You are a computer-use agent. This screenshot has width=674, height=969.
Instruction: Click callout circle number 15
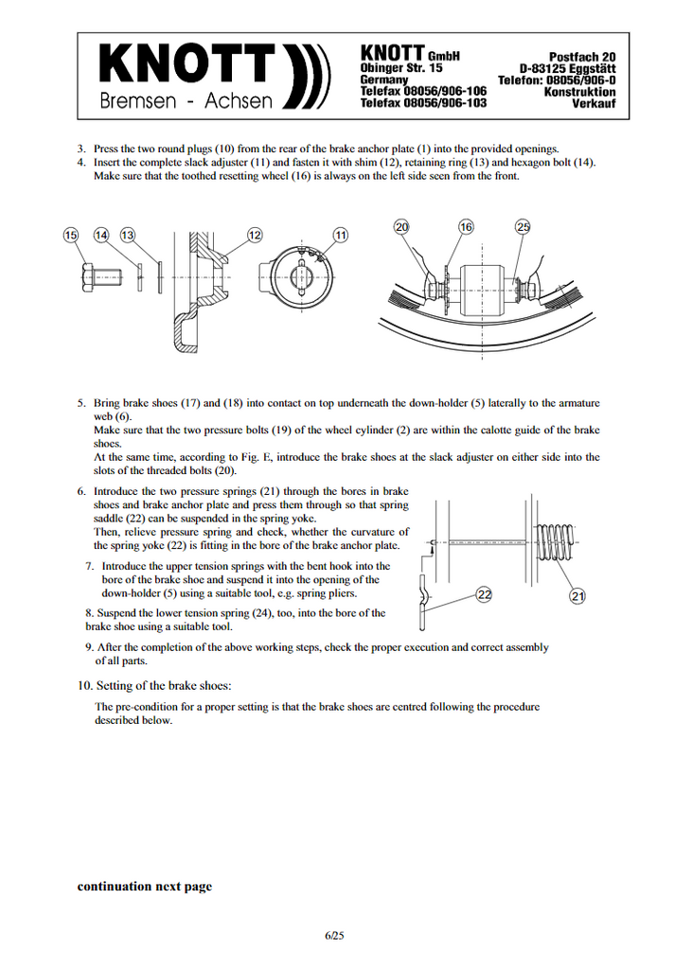tap(70, 235)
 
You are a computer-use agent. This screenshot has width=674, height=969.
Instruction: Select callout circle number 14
tap(101, 235)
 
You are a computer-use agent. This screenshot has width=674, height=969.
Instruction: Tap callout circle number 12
tap(255, 235)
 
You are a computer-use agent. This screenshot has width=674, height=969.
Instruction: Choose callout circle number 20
tap(402, 227)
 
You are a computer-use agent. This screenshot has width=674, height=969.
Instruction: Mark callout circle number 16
tap(466, 227)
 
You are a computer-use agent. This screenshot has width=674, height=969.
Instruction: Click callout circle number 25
tap(523, 226)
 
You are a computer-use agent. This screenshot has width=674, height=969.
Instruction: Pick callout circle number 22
tap(485, 594)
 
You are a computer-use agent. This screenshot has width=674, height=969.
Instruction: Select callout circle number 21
tap(577, 595)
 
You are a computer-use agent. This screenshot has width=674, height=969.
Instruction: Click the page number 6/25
tap(334, 936)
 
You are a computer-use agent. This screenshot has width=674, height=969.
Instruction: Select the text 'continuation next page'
tap(144, 887)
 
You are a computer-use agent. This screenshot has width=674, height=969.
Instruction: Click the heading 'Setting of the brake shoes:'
tap(162, 686)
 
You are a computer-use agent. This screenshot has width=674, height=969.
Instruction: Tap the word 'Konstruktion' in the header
tap(579, 92)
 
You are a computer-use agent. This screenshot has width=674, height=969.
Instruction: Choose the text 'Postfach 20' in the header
tap(582, 58)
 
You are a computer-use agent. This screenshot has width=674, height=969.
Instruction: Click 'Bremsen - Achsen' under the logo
tap(186, 101)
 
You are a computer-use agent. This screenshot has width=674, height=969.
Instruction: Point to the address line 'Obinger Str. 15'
tap(402, 69)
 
